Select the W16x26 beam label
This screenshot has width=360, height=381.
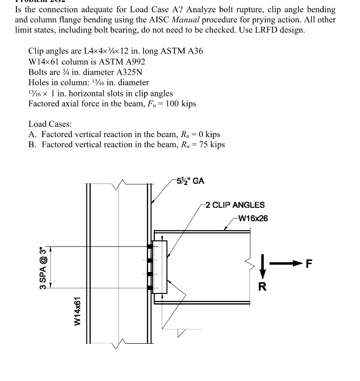[252, 218]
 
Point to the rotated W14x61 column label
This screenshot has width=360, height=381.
[78, 311]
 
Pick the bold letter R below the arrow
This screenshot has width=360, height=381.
[263, 286]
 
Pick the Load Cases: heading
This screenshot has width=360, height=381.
[50, 124]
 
